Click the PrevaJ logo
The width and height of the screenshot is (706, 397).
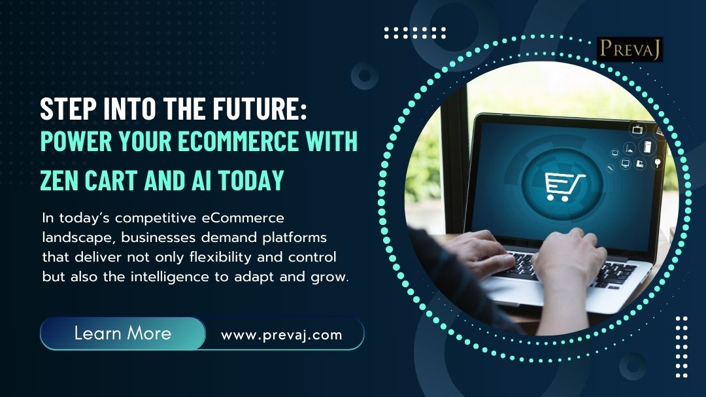click(630, 49)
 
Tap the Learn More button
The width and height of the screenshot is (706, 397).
click(123, 334)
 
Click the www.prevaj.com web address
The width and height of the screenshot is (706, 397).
click(281, 335)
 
